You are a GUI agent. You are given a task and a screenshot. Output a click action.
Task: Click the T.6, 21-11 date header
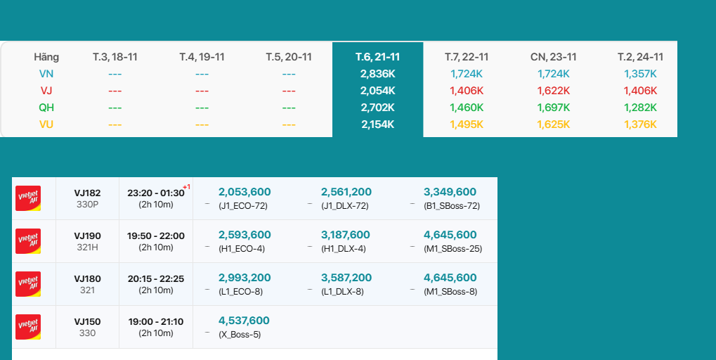[x=377, y=57]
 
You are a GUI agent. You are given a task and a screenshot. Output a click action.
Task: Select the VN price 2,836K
[x=377, y=74]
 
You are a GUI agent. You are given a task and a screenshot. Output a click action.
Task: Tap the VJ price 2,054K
[x=377, y=91]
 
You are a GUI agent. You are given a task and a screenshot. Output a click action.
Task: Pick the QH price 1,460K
[x=467, y=108]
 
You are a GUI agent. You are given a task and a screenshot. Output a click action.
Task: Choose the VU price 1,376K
[x=640, y=124]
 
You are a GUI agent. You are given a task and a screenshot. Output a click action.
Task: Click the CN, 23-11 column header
[x=553, y=57]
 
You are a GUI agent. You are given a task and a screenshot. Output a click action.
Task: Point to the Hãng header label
[x=46, y=57]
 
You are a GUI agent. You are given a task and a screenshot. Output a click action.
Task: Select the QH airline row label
[x=46, y=108]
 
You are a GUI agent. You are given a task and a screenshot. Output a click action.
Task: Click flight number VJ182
[x=87, y=193]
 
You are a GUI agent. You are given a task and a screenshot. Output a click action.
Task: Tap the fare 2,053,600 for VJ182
[x=245, y=192]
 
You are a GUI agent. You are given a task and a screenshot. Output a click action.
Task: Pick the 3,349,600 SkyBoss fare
[x=450, y=192]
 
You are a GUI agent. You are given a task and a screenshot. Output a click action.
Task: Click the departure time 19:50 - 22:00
[x=156, y=236]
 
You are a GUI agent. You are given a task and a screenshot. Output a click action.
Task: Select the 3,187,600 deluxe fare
[x=346, y=235]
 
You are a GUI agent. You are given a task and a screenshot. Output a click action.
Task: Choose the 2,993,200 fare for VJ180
[x=245, y=278]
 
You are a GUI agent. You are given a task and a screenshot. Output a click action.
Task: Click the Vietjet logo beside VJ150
[x=28, y=327]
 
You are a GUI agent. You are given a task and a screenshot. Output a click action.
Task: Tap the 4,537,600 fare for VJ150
[x=244, y=321]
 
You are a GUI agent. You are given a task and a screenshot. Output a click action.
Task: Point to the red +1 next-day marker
[x=187, y=187]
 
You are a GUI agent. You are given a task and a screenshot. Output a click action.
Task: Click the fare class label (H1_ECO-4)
[x=242, y=249]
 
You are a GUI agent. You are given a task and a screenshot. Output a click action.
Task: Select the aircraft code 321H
[x=87, y=247]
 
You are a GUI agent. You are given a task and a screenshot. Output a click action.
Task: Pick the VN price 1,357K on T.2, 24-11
[x=640, y=74]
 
